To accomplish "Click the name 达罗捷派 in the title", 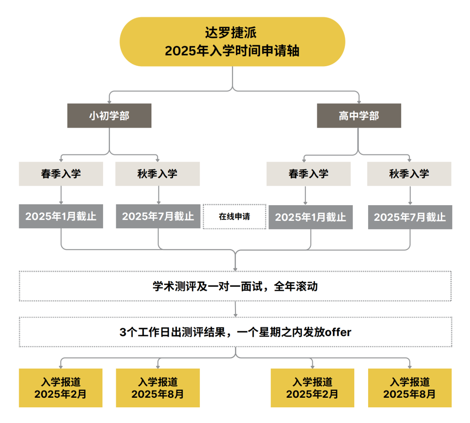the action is click(231, 33).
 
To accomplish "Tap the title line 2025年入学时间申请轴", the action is click(232, 51).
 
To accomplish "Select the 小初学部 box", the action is click(109, 116).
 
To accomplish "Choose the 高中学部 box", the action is click(359, 116).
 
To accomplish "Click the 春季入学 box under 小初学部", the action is click(61, 174).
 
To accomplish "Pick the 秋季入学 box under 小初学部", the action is click(158, 174).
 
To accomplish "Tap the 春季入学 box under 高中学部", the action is click(309, 174).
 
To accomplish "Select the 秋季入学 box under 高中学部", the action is click(409, 174).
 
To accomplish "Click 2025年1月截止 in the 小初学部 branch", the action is click(61, 217).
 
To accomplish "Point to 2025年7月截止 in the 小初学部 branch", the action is click(158, 217).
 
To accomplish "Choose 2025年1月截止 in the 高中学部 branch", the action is click(311, 217).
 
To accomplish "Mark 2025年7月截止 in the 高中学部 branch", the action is click(410, 217).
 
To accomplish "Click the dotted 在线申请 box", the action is click(235, 217).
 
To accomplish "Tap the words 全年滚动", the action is click(295, 287).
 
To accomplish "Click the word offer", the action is click(338, 332).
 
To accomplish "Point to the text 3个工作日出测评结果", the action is click(172, 332).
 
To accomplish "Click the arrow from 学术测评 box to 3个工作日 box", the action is click(235, 309).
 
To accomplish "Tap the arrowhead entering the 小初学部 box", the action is click(109, 102).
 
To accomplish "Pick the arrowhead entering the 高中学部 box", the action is click(359, 102).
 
